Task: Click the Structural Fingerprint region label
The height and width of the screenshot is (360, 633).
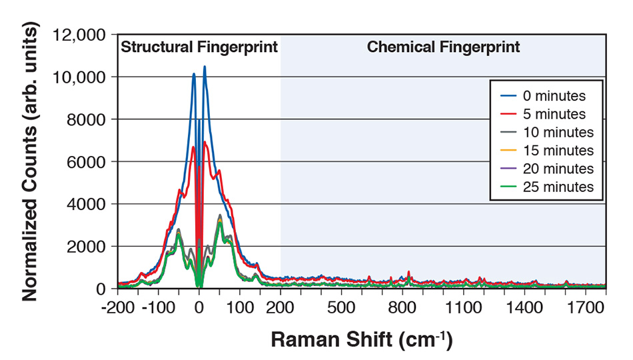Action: click(x=199, y=47)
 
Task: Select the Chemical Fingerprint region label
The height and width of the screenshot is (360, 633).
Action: click(x=444, y=47)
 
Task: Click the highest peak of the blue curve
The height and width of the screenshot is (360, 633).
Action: click(x=205, y=67)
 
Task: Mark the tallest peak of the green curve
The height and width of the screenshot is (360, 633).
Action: click(x=220, y=223)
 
